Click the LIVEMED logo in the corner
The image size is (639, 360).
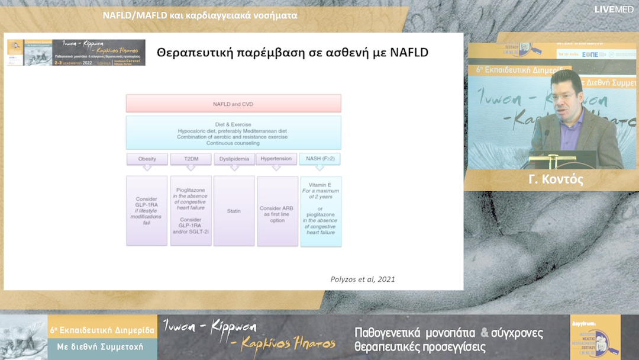(614, 9)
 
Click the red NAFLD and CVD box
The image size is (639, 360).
(233, 104)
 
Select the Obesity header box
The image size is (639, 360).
(147, 159)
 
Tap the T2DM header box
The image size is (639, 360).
(191, 159)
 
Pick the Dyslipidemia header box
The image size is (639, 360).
(234, 159)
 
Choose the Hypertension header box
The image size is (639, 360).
(277, 159)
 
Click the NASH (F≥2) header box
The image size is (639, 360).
(320, 159)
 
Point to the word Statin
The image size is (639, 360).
(234, 211)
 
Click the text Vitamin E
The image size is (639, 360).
(320, 185)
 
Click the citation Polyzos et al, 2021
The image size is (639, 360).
(363, 279)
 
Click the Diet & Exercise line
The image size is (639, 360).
(233, 124)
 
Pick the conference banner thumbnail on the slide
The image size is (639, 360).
(76, 52)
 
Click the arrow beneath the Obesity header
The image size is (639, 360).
(147, 168)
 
